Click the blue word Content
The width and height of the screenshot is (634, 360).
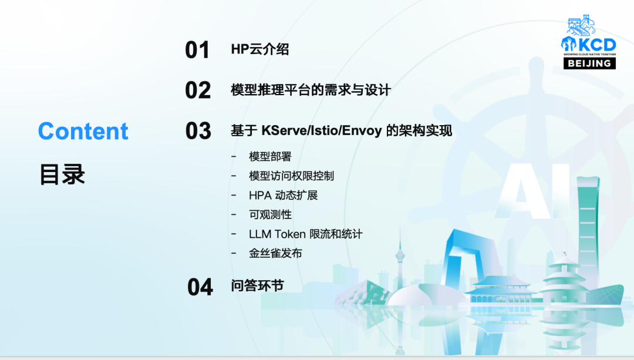[83, 131]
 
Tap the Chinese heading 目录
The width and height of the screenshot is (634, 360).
[62, 174]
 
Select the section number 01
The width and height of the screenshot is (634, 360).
[197, 50]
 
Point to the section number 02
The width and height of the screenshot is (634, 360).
[198, 90]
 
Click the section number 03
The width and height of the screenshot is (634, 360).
[198, 130]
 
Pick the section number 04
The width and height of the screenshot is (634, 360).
[200, 287]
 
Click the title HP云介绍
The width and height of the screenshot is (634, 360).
[260, 49]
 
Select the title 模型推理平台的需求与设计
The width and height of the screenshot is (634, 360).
[311, 90]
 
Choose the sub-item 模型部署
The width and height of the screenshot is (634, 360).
[270, 157]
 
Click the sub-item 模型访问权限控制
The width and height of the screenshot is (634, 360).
[292, 176]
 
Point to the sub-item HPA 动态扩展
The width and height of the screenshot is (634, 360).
[284, 196]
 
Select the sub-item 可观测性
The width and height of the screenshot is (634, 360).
[270, 215]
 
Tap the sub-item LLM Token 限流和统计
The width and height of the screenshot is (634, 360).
[306, 234]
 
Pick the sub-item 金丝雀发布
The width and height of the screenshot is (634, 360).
[275, 253]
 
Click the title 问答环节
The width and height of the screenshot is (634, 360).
[257, 286]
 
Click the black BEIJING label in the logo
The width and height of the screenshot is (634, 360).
[589, 63]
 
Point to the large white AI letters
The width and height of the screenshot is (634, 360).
[532, 190]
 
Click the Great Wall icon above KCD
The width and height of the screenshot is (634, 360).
[582, 25]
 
